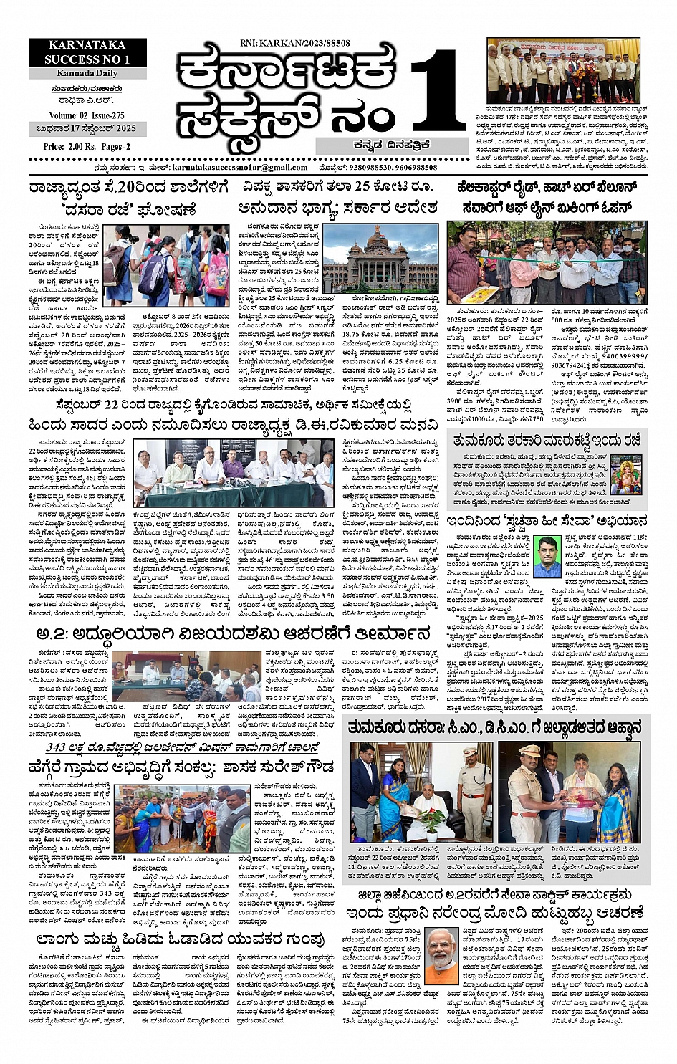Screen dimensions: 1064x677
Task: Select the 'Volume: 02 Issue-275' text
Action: pyautogui.click(x=87, y=115)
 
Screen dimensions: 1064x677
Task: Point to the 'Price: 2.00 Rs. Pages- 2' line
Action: pyautogui.click(x=87, y=146)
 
